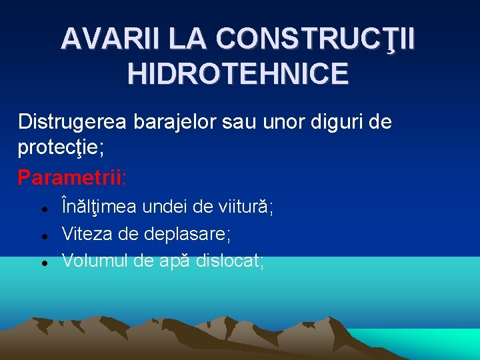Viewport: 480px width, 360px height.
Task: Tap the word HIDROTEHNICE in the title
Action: (238, 73)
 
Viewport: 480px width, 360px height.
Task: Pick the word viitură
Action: (246, 207)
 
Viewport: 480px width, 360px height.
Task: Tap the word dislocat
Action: (231, 261)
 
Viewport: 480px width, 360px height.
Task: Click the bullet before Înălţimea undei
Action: (43, 209)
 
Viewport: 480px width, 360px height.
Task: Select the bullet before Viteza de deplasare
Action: (43, 236)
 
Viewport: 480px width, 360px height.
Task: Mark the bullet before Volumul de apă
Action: (43, 263)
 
